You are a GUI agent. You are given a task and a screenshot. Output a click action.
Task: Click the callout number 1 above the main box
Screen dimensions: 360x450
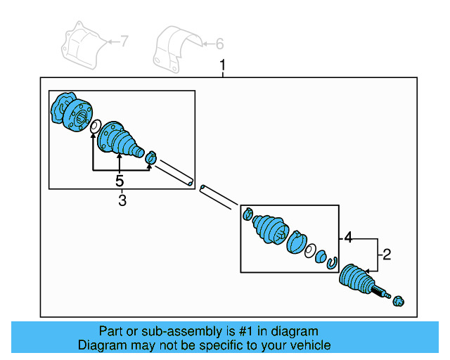[223, 67]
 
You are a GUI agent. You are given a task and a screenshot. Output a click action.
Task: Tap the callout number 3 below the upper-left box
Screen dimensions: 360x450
[122, 202]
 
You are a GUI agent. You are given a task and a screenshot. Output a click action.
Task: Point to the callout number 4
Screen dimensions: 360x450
[347, 238]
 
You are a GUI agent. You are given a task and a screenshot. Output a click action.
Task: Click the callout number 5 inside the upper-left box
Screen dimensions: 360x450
[120, 181]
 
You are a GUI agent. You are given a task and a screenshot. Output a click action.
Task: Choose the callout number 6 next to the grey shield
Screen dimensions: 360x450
[219, 44]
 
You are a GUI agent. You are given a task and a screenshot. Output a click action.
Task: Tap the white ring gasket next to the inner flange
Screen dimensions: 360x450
[92, 127]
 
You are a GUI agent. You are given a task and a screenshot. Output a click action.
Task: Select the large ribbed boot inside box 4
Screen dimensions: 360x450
[271, 229]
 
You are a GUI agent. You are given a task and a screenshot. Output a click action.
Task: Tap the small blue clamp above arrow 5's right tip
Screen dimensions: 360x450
[150, 157]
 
